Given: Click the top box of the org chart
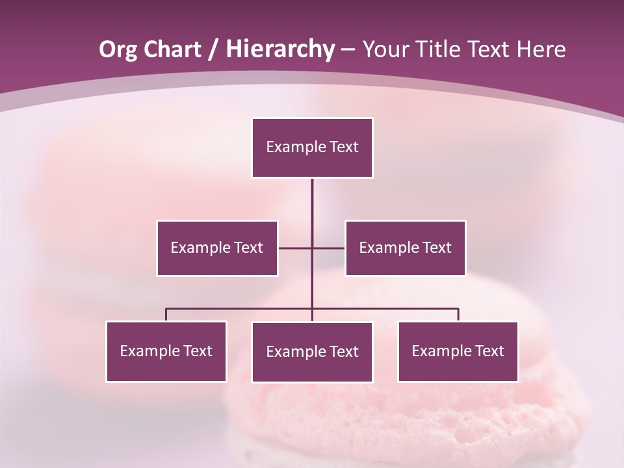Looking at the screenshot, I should pyautogui.click(x=312, y=148).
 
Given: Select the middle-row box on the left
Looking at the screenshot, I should pyautogui.click(x=217, y=248).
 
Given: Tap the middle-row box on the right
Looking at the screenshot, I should pyautogui.click(x=405, y=248).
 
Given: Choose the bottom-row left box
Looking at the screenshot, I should pyautogui.click(x=166, y=351).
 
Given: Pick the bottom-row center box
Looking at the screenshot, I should pyautogui.click(x=312, y=352).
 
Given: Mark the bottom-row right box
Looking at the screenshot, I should pyautogui.click(x=458, y=351).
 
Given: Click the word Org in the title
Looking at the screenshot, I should pyautogui.click(x=118, y=49).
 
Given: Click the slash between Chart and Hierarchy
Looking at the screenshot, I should pyautogui.click(x=214, y=49).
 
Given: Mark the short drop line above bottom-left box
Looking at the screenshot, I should pyautogui.click(x=166, y=315).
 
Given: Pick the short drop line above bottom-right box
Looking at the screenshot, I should pyautogui.click(x=458, y=315).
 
